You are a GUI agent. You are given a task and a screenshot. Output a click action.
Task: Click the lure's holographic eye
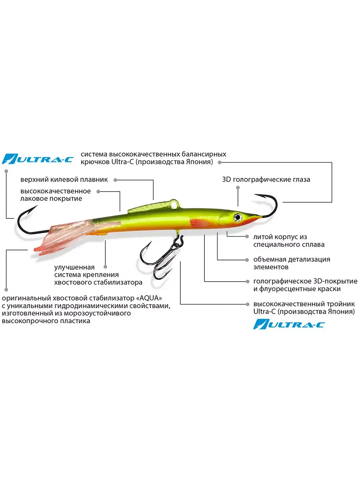[237, 217]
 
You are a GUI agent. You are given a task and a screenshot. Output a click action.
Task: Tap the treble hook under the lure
[161, 258]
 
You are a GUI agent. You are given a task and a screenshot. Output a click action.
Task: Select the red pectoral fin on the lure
[199, 223]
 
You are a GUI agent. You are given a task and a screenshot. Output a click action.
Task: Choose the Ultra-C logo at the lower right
[289, 324]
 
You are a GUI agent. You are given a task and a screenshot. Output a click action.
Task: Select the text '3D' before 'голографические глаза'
[226, 180]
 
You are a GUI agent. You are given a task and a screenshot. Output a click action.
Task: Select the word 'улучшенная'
[74, 267]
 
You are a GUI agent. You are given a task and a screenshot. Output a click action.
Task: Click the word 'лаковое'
[34, 198]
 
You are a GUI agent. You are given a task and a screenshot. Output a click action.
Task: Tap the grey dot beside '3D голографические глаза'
[238, 188]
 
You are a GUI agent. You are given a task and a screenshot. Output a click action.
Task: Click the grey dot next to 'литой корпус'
[247, 237]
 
